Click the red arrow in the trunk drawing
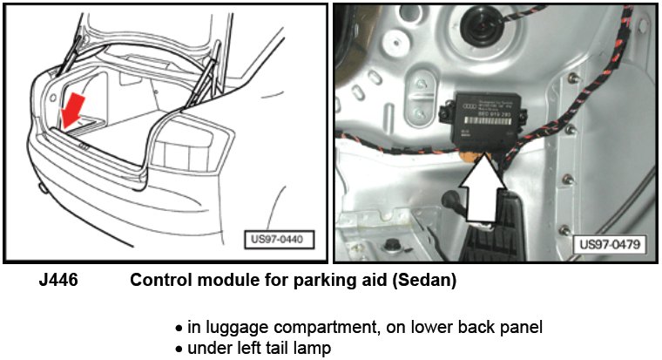coord(73,111)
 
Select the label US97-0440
coord(279,236)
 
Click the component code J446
coord(57,282)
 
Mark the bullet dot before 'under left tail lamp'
coord(179,347)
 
